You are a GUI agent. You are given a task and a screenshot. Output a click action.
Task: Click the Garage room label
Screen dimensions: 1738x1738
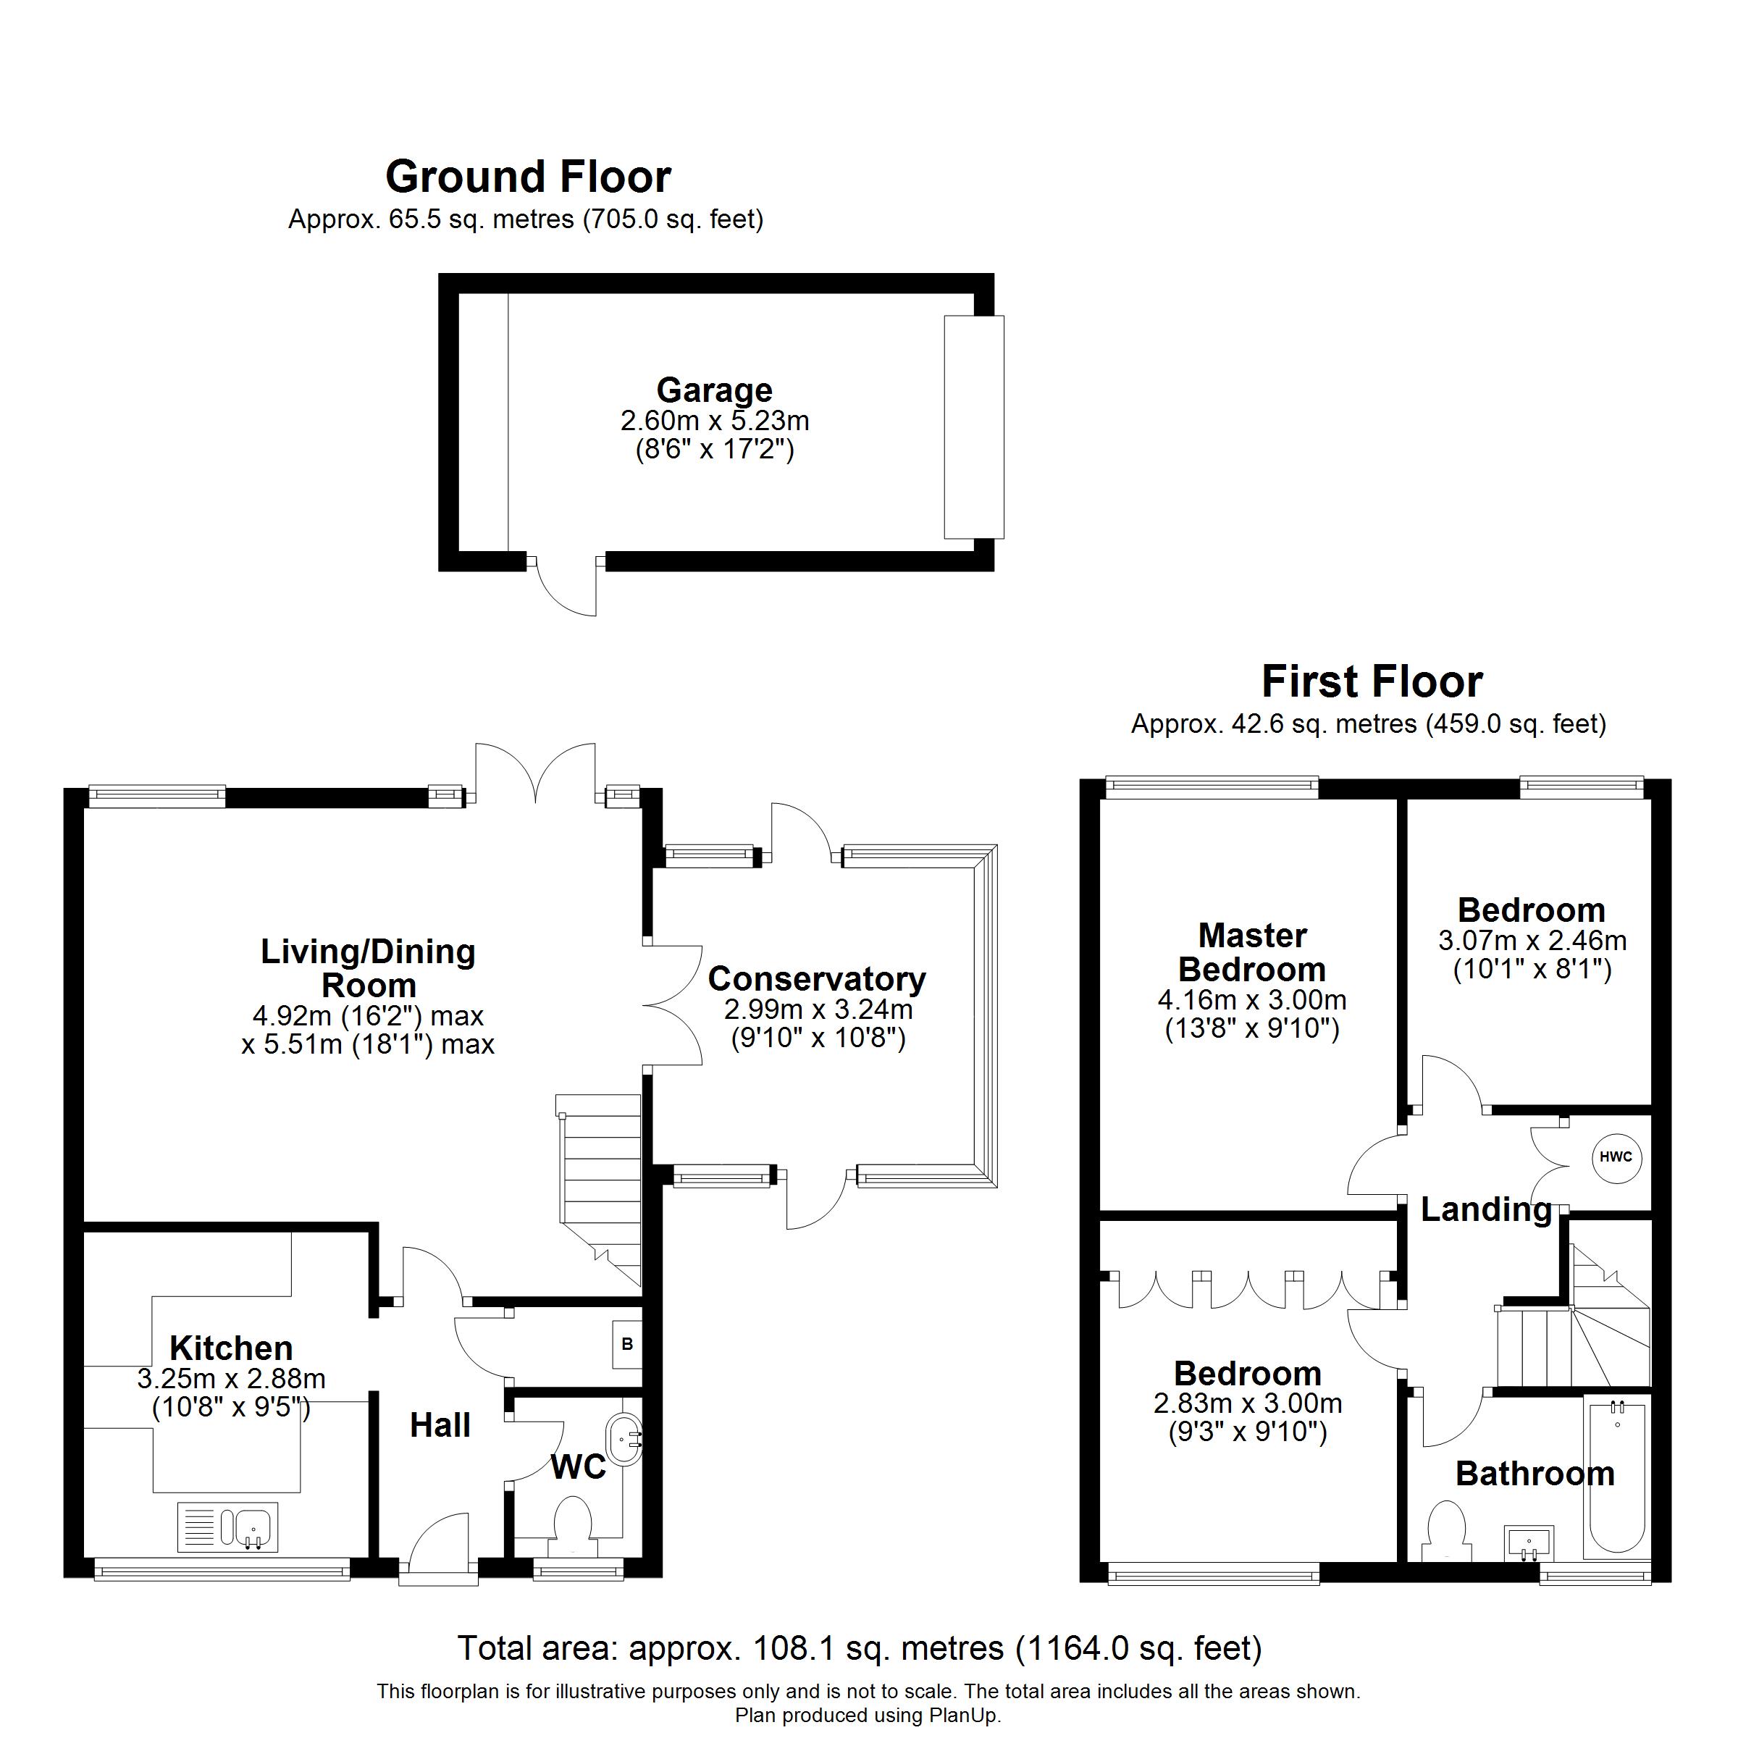[x=714, y=390]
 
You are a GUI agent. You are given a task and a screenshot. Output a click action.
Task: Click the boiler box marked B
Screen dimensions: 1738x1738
[x=627, y=1344]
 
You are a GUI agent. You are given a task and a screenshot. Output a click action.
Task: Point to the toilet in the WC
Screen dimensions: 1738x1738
[x=572, y=1526]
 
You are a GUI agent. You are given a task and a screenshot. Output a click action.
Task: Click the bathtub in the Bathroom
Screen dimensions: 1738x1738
[x=1618, y=1477]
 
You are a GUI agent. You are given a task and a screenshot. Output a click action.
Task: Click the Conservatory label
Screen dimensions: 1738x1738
[x=817, y=979]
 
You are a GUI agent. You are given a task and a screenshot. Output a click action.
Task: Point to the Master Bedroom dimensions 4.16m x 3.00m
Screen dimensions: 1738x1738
[x=1251, y=999]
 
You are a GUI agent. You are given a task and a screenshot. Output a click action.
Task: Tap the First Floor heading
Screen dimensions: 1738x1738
[x=1372, y=681]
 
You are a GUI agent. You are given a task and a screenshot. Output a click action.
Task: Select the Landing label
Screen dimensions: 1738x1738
[x=1486, y=1210]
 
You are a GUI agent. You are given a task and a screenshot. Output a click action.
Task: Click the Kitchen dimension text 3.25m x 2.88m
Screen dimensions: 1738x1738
[x=231, y=1378]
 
